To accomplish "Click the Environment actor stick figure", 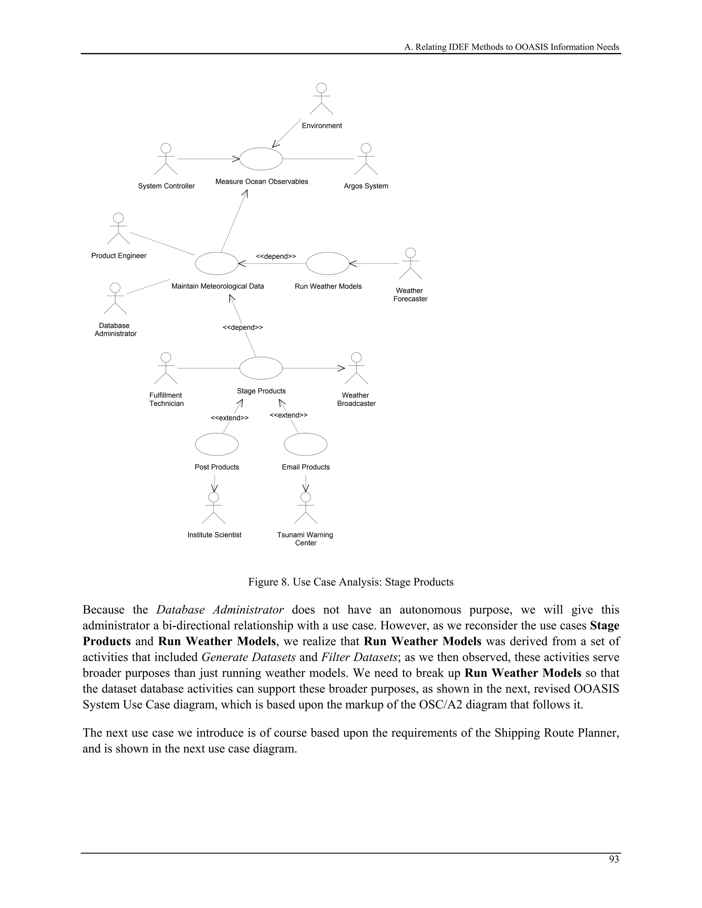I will (x=322, y=99).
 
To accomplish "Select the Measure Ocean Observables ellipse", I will (x=261, y=159).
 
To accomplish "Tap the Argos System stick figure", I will (x=366, y=159).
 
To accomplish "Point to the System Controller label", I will (x=166, y=186).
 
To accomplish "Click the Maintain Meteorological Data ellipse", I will (x=217, y=263).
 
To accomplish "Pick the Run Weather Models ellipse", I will (x=328, y=263).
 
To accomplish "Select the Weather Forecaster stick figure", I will (x=410, y=263).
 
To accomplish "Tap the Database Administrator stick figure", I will (x=115, y=298).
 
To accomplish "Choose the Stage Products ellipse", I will (x=261, y=368).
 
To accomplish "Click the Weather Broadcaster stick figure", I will (x=356, y=368).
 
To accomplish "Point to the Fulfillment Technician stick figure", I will (x=166, y=368).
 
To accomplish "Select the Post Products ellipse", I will (x=217, y=444).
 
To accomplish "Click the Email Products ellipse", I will (x=306, y=444).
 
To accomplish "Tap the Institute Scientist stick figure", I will (x=214, y=508).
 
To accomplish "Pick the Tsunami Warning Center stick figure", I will (x=306, y=508).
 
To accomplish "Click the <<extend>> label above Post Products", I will (x=230, y=418).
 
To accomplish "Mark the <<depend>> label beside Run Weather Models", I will (x=276, y=256).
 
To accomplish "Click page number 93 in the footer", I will (x=614, y=859).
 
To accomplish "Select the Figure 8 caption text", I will (x=351, y=582).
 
